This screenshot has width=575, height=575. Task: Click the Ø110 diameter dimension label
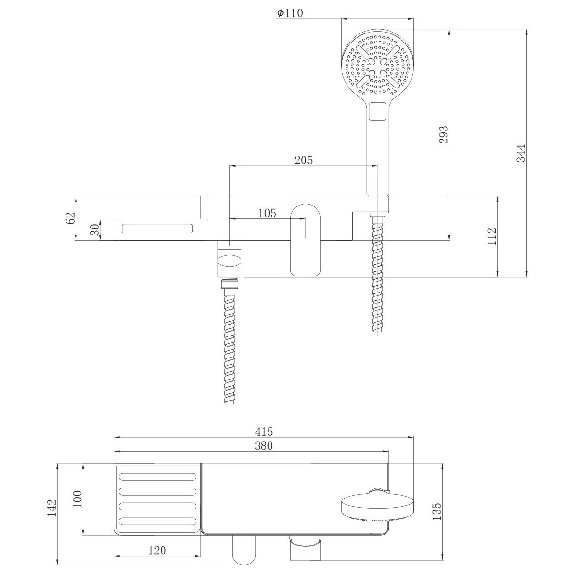click(290, 13)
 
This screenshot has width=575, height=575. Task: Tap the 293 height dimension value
click(444, 135)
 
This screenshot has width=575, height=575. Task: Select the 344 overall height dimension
click(521, 153)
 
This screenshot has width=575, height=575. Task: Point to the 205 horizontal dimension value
click(304, 160)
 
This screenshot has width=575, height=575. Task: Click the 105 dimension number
click(267, 213)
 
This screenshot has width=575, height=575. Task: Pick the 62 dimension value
click(70, 218)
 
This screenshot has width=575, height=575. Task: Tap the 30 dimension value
click(96, 230)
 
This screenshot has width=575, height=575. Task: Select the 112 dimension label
click(492, 236)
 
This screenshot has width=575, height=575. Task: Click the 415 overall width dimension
click(264, 432)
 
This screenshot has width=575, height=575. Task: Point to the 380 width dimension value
click(264, 446)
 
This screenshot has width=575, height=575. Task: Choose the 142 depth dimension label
click(52, 508)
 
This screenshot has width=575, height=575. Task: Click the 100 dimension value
click(77, 499)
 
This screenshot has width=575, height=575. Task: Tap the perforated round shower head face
click(377, 65)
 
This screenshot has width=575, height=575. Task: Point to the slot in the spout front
click(157, 228)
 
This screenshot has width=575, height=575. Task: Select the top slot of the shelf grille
click(158, 477)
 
